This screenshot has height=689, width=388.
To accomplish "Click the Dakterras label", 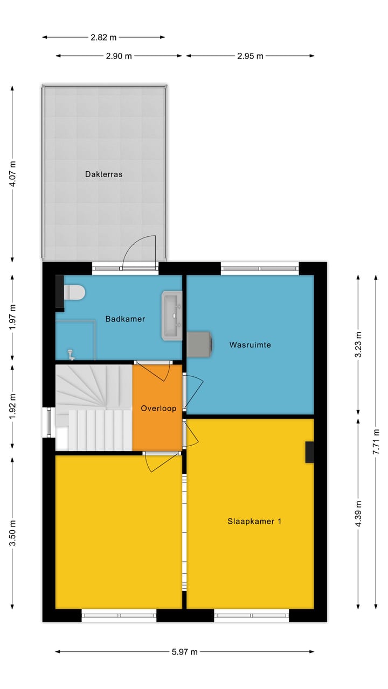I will tap(103, 174).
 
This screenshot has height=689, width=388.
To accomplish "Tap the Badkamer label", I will tap(125, 319).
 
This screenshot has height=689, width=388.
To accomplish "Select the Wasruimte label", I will tap(250, 344).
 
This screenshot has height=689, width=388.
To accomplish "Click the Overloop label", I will tap(158, 409).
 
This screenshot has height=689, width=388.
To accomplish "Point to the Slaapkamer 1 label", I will tap(254, 521).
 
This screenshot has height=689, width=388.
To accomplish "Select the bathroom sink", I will tap(172, 316).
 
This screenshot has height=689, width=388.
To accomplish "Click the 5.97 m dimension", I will tap(184, 652).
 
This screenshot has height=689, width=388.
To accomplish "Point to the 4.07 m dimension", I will tap(13, 174).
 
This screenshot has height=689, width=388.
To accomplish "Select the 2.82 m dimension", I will tap(103, 37).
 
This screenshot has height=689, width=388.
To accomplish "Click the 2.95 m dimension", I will tap(250, 55).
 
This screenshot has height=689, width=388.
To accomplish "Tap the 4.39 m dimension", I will tap(358, 514).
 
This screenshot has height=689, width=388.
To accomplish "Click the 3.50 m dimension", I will tap(13, 533).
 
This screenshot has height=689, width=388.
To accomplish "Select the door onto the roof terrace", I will tap(140, 253).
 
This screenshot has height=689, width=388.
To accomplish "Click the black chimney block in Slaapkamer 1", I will tap(309, 452).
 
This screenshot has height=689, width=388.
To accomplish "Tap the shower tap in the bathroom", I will tap(70, 354).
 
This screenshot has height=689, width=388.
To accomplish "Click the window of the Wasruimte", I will tap(260, 268).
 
